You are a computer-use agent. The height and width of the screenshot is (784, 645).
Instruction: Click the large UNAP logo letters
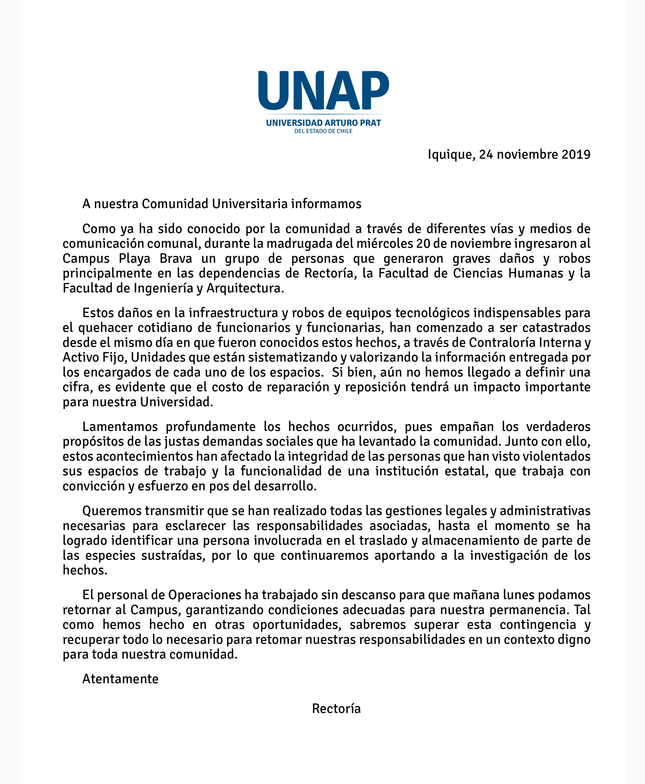[323, 91]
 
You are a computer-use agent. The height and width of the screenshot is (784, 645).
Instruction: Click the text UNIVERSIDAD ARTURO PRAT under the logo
[323, 123]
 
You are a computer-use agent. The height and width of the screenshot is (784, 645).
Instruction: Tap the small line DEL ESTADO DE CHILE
[323, 131]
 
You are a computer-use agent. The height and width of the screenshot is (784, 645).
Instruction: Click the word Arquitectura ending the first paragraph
[245, 288]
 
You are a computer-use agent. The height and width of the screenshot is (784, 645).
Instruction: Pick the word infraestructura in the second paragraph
[233, 313]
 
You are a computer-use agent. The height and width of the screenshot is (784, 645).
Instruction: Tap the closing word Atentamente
[120, 679]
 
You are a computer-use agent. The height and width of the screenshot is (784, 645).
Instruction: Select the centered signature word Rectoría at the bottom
[336, 708]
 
